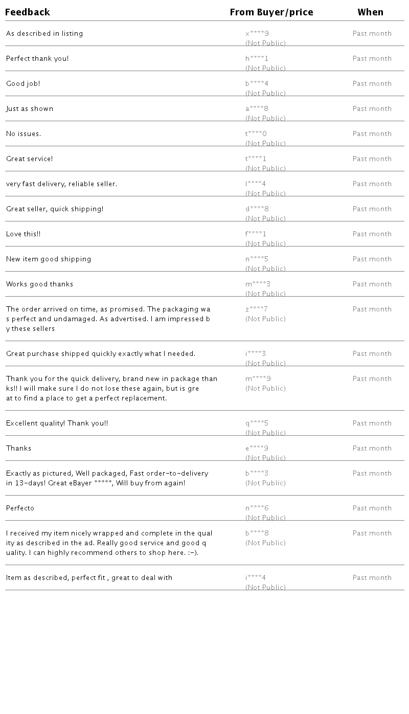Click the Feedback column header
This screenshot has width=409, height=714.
coord(28,12)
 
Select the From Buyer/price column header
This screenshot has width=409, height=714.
coord(271,12)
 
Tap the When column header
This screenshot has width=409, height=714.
coord(370,12)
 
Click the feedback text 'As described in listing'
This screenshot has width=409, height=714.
coord(44,34)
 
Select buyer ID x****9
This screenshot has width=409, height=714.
coord(257,34)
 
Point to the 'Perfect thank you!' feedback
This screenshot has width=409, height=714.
coord(37,59)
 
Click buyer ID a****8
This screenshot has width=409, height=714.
coord(257,109)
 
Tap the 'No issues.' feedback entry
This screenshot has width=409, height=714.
coord(24,134)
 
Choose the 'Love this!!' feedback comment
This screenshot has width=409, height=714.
coord(23,234)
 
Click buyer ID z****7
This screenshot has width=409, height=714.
coord(256,309)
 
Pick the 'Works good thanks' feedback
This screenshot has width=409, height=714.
coord(39,284)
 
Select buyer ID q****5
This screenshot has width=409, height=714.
coord(257,423)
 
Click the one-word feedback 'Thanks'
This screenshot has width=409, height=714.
coord(18,449)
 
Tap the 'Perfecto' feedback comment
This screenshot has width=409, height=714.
coord(20,508)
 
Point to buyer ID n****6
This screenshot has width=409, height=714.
coord(257,508)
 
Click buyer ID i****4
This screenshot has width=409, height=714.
coord(255,578)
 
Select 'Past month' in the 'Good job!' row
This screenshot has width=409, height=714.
coord(372,84)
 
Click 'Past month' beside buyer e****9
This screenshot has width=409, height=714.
coord(372,449)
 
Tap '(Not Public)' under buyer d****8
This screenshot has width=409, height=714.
coord(265,219)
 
